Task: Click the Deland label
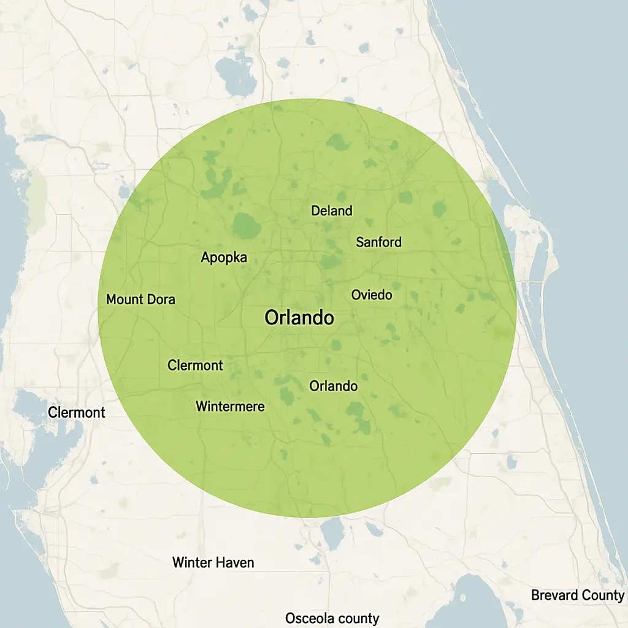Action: click(x=332, y=211)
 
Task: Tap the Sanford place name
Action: click(x=379, y=242)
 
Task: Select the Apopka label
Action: click(x=224, y=258)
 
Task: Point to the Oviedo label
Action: click(x=372, y=295)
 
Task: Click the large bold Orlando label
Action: click(x=299, y=318)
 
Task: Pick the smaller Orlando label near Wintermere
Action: click(x=333, y=386)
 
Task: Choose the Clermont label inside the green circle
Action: click(x=195, y=366)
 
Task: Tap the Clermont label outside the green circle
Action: click(x=77, y=413)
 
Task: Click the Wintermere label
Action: click(x=230, y=406)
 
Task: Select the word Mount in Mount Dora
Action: click(x=124, y=300)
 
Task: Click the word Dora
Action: click(x=161, y=300)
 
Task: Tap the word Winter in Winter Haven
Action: click(x=192, y=562)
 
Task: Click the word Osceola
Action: click(x=309, y=618)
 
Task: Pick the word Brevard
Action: click(x=553, y=595)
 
